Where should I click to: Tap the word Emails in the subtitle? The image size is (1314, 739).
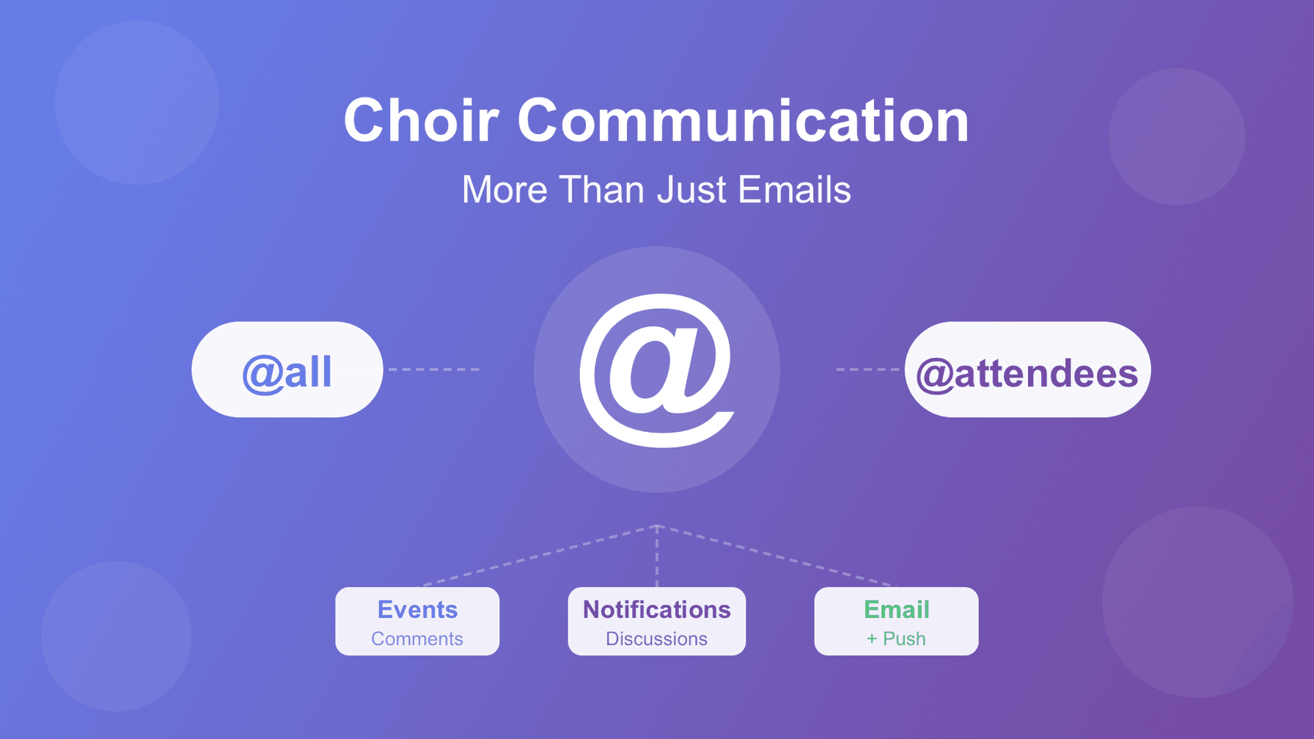point(794,189)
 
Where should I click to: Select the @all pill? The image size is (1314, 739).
point(287,369)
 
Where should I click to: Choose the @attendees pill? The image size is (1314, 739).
point(1027,369)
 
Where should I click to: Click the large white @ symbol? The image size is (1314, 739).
point(657,370)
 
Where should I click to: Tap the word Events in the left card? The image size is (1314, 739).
point(417,609)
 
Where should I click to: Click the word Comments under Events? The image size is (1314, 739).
point(417,639)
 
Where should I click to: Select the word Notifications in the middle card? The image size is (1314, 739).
point(657,609)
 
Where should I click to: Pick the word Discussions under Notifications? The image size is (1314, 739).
point(657,639)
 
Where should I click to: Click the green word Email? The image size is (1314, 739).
point(896,609)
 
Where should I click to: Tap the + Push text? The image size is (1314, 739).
point(896,639)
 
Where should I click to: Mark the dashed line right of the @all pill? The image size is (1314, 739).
point(433,369)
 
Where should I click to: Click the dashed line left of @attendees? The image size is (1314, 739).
point(868,369)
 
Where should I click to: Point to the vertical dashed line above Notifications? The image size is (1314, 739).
point(657,556)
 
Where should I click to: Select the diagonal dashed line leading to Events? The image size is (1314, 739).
point(537,556)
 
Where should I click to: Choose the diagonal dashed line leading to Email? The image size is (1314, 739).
point(777,556)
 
